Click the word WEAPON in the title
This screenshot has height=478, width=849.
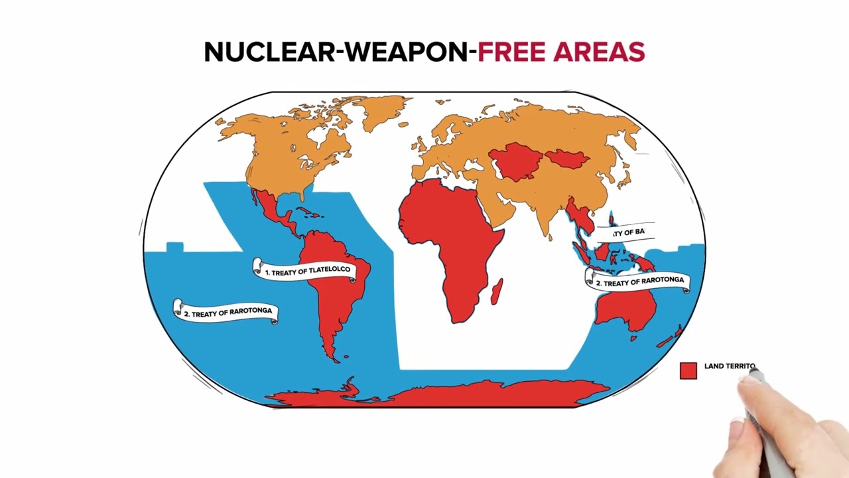coord(406,52)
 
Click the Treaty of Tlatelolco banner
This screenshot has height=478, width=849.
coord(306,271)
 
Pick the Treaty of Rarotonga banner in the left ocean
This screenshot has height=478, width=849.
coord(226,311)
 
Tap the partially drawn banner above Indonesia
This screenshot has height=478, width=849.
coord(627,232)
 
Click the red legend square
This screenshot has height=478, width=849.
coord(688,370)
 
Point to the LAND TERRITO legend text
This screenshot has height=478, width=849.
coord(729,366)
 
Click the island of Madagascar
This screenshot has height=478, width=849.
coord(497,291)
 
